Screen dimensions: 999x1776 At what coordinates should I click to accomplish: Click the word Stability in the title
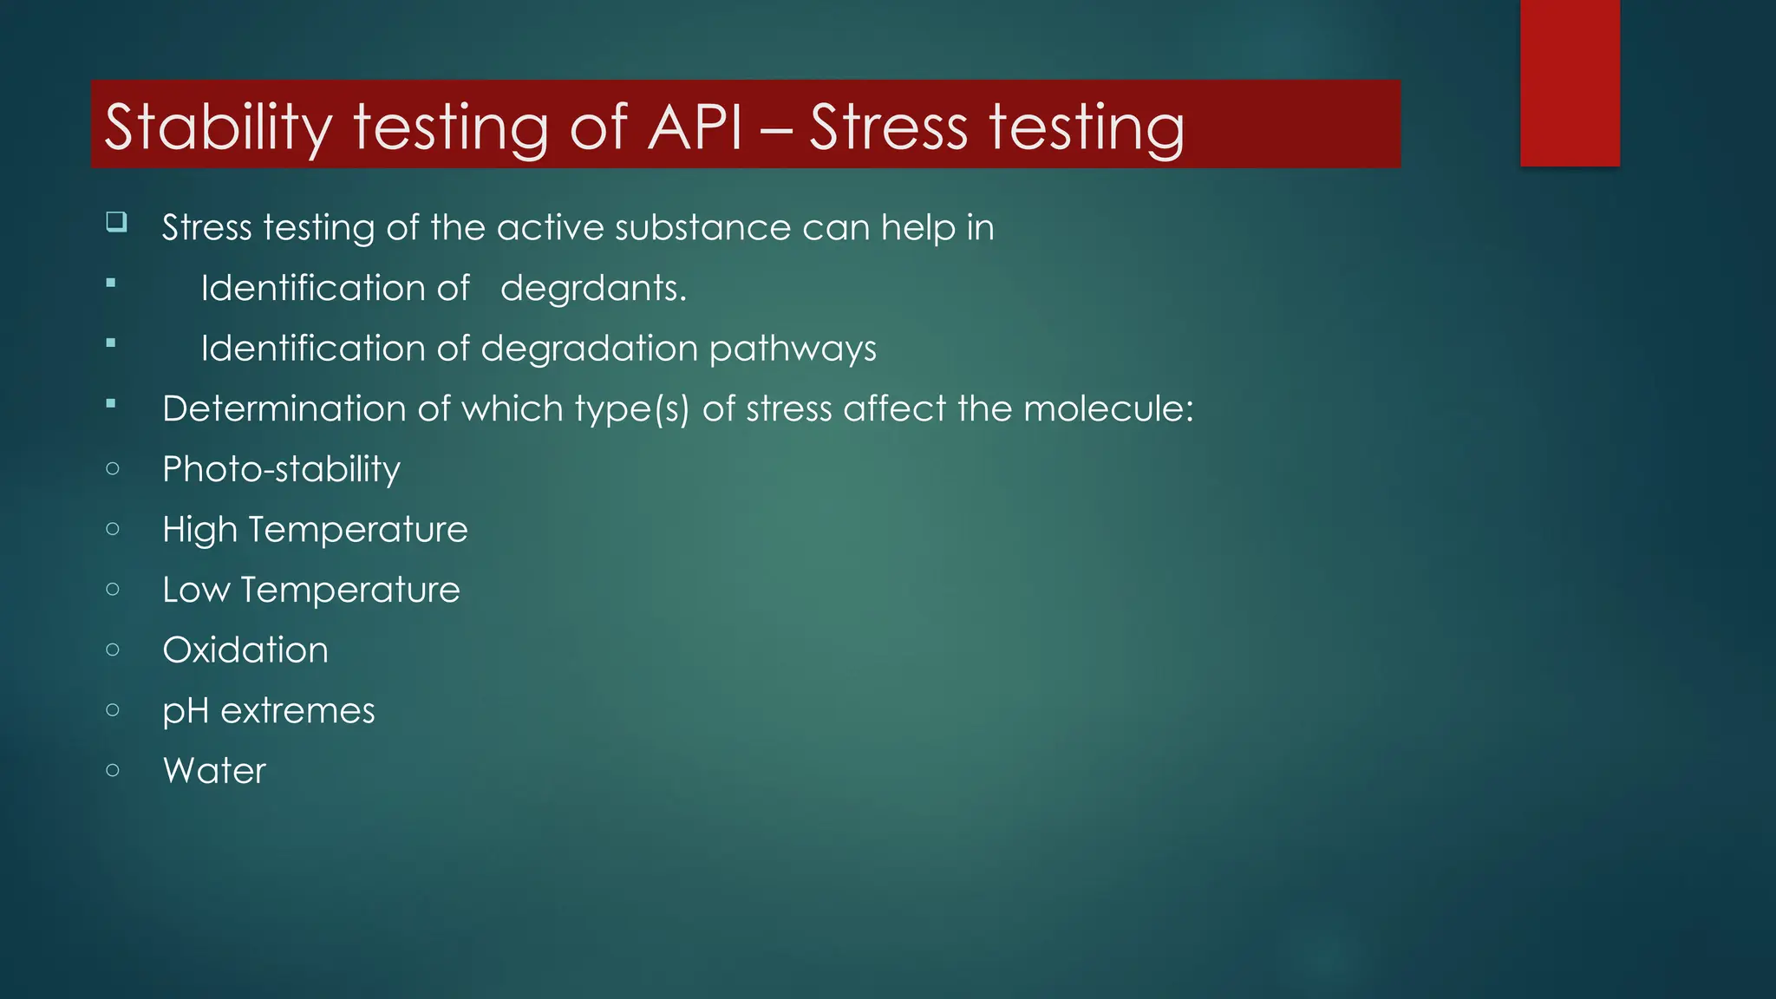pos(218,127)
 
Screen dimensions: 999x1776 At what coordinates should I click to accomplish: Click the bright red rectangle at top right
pos(1570,82)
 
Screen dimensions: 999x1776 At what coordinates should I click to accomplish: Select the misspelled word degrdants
pos(593,289)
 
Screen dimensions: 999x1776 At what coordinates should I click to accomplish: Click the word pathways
pos(792,349)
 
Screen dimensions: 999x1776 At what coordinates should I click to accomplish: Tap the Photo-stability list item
pos(281,470)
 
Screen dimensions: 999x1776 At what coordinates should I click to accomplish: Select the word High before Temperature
pos(199,530)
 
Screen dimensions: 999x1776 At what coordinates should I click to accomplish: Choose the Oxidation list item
pos(245,650)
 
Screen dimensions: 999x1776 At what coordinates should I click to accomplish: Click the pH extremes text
pos(269,711)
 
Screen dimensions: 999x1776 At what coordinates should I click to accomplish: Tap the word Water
pos(214,771)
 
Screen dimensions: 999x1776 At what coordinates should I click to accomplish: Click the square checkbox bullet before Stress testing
pos(116,222)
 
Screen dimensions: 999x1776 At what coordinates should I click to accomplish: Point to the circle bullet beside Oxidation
pos(113,650)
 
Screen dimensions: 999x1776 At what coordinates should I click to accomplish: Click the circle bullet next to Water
pos(113,770)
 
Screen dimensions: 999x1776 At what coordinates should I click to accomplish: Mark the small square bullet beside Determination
pos(111,403)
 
